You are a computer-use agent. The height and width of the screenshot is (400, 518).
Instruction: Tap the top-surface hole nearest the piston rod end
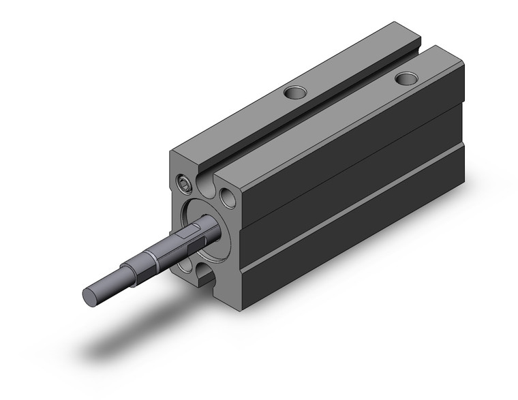tap(295, 91)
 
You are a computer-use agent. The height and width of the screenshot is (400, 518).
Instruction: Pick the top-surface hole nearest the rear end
tap(407, 78)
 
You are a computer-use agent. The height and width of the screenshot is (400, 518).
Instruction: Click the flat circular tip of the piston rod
tap(90, 296)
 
